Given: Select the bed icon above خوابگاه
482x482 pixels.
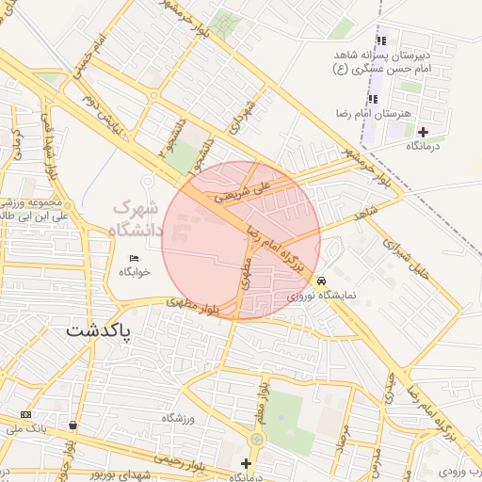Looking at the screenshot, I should point(134,257).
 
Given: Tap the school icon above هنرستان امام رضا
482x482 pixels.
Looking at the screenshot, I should point(373,99).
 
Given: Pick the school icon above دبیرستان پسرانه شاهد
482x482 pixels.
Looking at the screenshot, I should point(381,40).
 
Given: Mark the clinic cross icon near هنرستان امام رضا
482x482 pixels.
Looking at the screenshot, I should point(422,131).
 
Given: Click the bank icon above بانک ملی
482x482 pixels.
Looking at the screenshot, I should point(25,415).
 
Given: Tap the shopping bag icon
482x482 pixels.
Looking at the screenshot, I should point(73,426).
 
